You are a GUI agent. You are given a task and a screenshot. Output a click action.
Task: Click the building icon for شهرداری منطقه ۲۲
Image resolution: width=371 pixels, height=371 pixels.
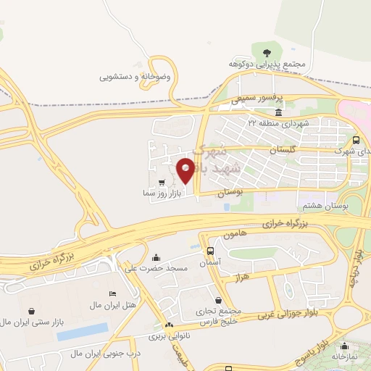[x=280, y=113]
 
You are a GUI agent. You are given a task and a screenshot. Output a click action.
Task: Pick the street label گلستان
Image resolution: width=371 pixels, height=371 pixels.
[x=283, y=149]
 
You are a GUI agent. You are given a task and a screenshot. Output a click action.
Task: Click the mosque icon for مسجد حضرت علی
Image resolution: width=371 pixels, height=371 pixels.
[x=157, y=257]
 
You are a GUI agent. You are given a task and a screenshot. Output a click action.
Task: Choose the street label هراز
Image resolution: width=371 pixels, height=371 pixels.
[x=242, y=278]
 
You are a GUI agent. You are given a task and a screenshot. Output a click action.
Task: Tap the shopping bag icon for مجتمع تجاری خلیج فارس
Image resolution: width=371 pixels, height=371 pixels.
[x=219, y=300]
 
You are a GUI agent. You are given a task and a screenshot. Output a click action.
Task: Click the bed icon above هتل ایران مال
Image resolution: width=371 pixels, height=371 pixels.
[x=112, y=293]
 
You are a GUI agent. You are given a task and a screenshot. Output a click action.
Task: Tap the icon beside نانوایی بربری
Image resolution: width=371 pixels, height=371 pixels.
[x=169, y=325]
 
